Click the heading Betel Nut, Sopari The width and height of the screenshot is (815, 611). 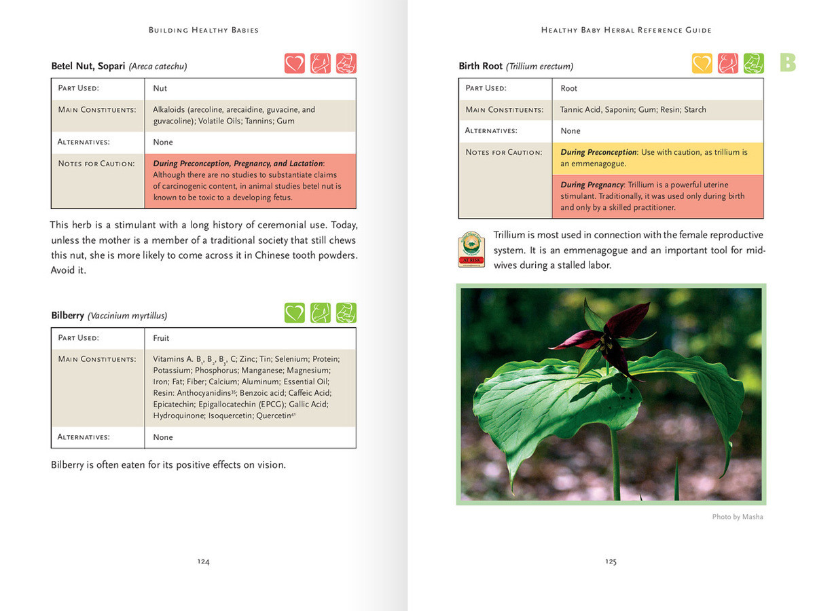(x=88, y=67)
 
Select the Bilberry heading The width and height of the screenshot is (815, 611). (x=68, y=316)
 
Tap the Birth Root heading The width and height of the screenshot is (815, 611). (x=481, y=67)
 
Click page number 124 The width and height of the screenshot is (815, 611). (x=203, y=561)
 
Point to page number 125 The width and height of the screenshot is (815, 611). (x=611, y=561)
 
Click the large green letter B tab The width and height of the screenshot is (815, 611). (x=788, y=63)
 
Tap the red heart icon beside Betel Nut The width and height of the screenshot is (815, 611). (x=295, y=63)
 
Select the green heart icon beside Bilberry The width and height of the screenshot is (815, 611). (x=295, y=313)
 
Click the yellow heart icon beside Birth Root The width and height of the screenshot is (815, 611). (x=702, y=63)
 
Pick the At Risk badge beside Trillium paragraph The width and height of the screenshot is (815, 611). (x=471, y=249)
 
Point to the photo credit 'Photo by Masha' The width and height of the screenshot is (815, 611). (x=738, y=517)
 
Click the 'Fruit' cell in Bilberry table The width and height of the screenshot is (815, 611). (x=161, y=338)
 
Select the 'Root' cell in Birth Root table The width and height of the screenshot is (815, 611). (x=569, y=88)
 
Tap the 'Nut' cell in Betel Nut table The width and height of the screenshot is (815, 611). (x=160, y=88)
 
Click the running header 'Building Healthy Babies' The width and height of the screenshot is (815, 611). (x=204, y=30)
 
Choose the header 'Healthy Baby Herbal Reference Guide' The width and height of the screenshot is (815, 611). (x=626, y=30)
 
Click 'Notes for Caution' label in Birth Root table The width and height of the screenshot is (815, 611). (x=504, y=152)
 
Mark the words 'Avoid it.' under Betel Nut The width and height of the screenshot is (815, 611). (x=69, y=270)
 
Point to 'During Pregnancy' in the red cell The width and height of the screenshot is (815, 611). (x=592, y=185)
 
